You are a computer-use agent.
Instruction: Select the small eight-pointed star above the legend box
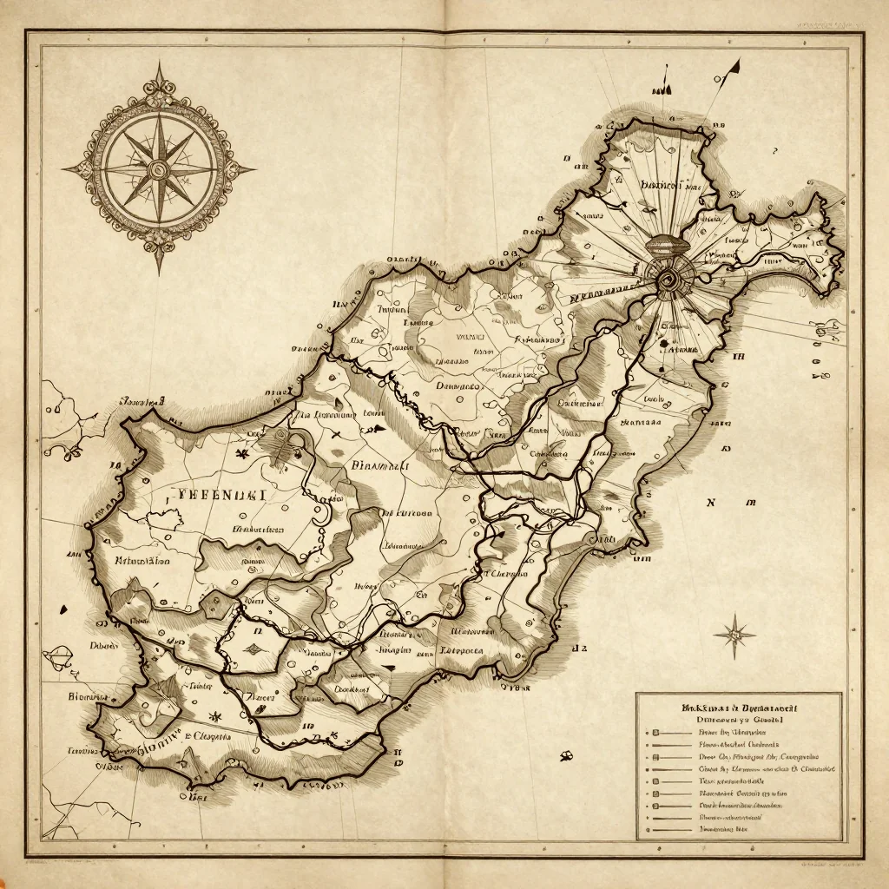[734, 634]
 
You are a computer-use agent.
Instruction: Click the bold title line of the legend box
[740, 708]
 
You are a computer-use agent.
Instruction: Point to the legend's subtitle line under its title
[740, 720]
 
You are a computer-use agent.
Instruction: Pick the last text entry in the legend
[722, 830]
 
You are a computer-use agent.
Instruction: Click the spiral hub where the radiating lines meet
[668, 278]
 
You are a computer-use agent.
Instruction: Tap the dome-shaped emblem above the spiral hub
[668, 246]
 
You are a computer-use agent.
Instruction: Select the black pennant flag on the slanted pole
[734, 66]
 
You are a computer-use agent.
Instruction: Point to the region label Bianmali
[379, 465]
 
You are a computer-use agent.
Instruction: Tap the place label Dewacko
[457, 385]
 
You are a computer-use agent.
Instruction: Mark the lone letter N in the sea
[712, 502]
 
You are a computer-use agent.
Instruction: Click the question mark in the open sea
[774, 150]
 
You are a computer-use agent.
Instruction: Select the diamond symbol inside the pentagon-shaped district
[254, 648]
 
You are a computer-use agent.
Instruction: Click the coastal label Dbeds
[104, 645]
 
